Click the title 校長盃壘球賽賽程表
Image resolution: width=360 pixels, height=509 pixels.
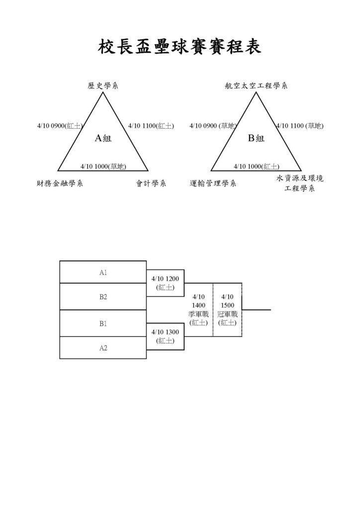click(x=180, y=47)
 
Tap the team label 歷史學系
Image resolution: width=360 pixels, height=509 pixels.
click(x=103, y=85)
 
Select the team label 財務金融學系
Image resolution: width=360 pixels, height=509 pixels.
click(x=60, y=183)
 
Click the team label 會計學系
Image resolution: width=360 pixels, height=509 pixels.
click(x=151, y=183)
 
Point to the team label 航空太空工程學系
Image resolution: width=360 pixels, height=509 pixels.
click(x=256, y=85)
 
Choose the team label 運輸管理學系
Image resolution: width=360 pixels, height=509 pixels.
click(x=213, y=183)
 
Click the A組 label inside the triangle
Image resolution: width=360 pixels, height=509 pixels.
click(x=103, y=138)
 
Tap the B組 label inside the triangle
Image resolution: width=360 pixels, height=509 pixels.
click(x=256, y=138)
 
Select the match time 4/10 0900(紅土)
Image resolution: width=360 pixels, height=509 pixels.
click(x=60, y=126)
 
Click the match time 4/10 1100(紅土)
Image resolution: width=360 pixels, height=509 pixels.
click(x=151, y=126)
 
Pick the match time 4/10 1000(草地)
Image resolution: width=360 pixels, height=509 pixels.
click(x=103, y=167)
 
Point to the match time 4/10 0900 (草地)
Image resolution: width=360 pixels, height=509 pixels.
click(x=213, y=126)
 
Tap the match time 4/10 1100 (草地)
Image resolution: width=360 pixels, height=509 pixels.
click(x=300, y=126)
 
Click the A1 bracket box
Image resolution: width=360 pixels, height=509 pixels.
click(x=103, y=272)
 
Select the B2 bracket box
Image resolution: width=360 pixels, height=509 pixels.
click(x=103, y=297)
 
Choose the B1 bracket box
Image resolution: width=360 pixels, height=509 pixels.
click(x=103, y=323)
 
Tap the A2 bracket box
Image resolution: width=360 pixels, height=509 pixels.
click(x=103, y=347)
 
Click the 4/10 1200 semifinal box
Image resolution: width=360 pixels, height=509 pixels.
click(x=165, y=283)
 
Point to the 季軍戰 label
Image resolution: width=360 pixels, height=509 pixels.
click(x=198, y=314)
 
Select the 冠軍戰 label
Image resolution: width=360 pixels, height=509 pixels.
click(x=227, y=314)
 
